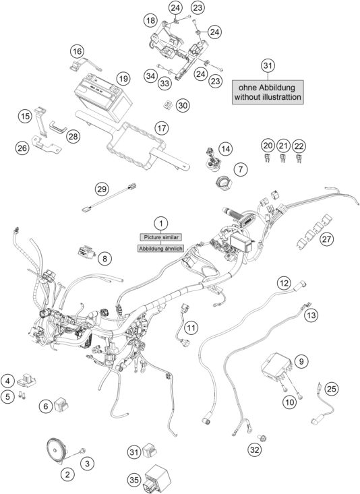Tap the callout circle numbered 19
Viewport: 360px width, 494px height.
coord(122,79)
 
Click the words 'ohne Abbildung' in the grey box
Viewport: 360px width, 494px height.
coord(268,88)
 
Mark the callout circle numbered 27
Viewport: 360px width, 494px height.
coord(327,239)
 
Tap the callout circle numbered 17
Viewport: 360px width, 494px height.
coord(160,127)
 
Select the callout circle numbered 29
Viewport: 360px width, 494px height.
coord(102,188)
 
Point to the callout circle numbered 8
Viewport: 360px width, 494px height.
coord(105,257)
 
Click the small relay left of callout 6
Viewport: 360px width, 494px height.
coord(65,404)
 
